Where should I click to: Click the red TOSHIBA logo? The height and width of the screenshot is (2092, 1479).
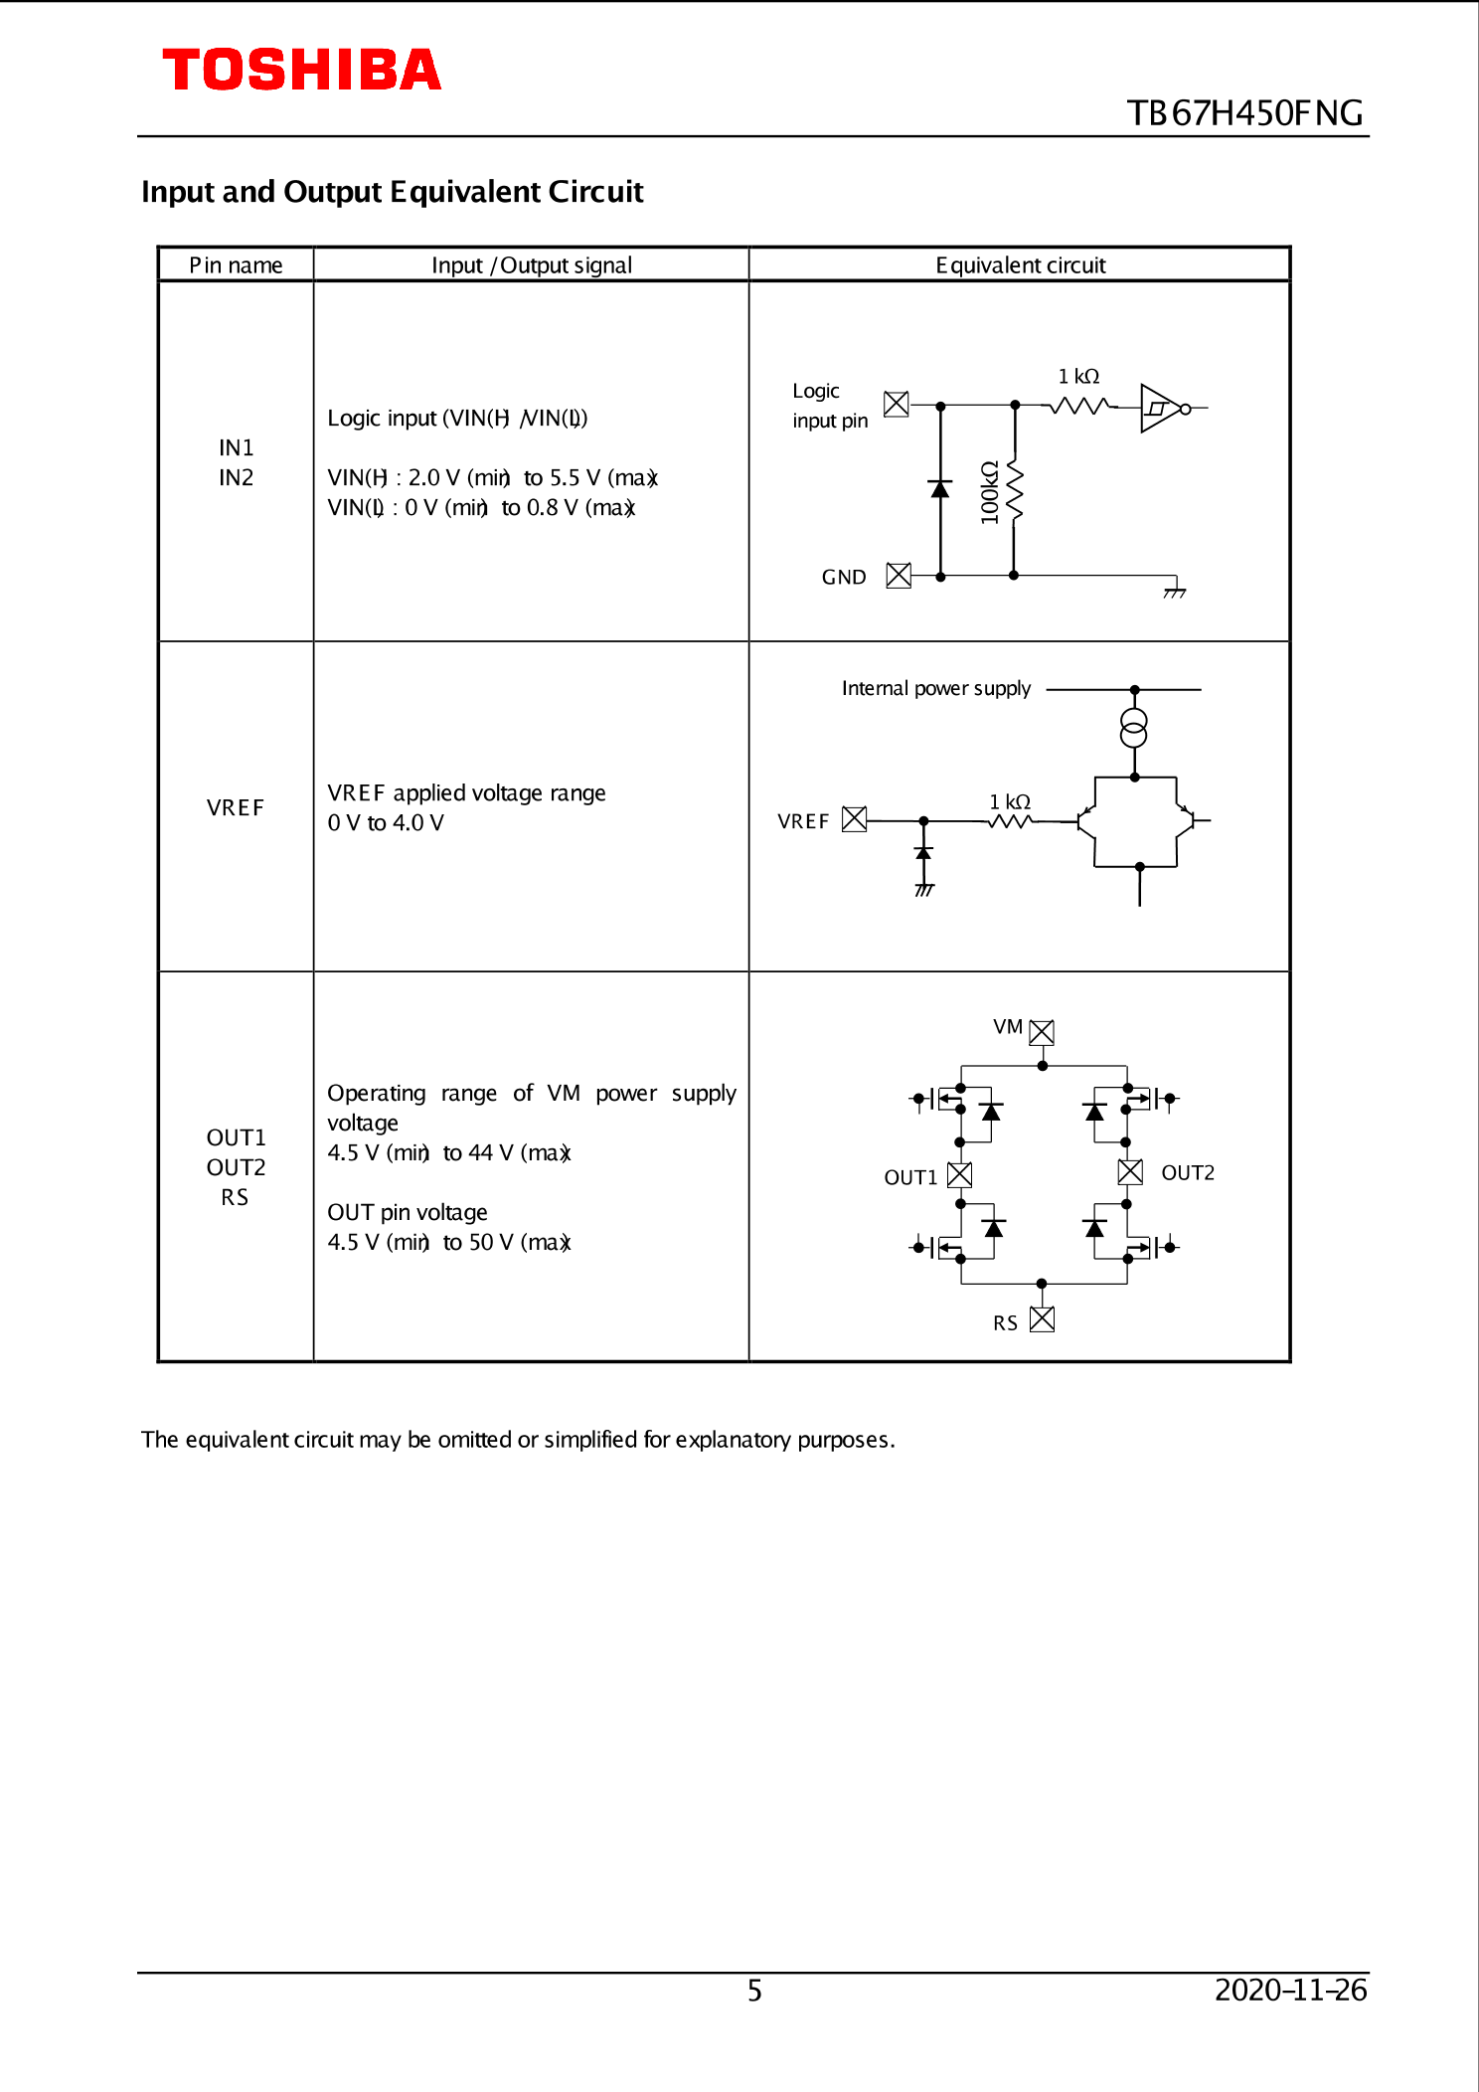301,71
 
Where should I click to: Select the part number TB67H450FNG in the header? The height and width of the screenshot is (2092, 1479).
1244,113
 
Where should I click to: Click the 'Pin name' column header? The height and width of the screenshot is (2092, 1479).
236,265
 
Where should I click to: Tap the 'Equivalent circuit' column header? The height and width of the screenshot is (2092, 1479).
1020,265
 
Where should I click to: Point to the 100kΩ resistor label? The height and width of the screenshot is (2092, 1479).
989,492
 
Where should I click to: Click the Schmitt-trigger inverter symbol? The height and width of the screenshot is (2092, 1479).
1162,408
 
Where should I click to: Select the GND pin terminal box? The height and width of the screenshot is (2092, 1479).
899,576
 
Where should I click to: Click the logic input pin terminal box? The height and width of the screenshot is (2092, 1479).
896,404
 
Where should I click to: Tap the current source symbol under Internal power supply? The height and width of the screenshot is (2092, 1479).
1134,728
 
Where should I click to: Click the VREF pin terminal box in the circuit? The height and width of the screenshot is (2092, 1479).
854,819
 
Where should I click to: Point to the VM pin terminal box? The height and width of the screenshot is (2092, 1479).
1042,1032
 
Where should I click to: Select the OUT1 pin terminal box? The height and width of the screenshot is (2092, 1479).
959,1174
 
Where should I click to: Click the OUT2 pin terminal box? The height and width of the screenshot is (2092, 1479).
1130,1171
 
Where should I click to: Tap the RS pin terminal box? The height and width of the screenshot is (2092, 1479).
1042,1319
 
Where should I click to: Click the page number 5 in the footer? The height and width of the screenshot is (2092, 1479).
754,1991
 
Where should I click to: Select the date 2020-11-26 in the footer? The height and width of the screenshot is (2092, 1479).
1290,1990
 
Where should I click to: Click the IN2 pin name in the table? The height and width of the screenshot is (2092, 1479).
236,478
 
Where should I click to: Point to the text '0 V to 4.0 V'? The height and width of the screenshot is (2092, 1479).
386,823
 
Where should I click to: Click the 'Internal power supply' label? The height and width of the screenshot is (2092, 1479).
935,688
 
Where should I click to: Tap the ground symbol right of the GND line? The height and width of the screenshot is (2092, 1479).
1175,591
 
